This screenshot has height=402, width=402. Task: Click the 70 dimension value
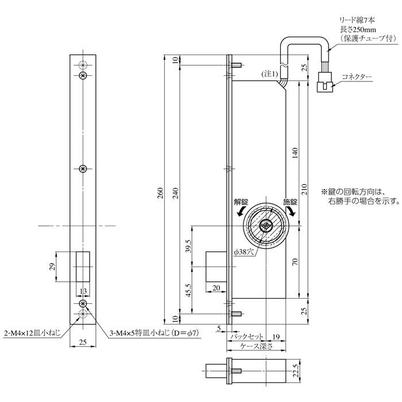coord(295,262)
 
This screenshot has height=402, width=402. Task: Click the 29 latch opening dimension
coord(52,266)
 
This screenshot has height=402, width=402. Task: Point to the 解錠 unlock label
coord(241,202)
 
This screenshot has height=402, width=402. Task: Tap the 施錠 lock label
coord(289,202)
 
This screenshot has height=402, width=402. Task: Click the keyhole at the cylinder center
coord(265,226)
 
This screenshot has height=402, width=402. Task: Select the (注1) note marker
coord(270,74)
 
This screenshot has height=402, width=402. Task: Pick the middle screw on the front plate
coord(84,168)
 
